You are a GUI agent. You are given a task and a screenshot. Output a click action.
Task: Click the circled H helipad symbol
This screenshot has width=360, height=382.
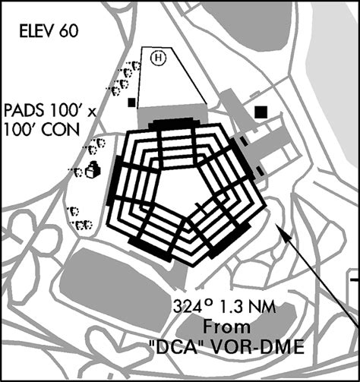158,58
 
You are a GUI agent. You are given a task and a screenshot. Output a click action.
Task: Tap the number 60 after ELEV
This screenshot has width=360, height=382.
69,31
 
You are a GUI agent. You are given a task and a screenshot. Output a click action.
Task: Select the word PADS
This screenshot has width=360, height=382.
24,112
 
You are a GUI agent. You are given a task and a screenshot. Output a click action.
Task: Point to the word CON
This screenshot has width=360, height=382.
61,130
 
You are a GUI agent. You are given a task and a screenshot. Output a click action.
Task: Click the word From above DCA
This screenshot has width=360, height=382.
226,327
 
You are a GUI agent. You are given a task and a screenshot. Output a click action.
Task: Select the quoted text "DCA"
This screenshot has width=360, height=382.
176,347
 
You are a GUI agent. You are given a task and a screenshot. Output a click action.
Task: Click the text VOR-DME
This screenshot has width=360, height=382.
257,347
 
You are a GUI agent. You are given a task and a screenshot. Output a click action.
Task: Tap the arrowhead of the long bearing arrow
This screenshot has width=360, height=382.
283,231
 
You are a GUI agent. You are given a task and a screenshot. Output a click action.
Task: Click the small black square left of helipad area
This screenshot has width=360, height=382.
131,103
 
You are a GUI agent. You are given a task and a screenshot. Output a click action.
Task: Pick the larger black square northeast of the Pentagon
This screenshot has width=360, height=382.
261,112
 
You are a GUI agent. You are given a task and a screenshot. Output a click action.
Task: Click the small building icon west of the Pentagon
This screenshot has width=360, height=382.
93,169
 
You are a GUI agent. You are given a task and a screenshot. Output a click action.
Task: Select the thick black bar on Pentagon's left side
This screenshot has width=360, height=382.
114,180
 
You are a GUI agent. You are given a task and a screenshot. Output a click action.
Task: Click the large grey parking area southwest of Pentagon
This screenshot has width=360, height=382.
115,282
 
